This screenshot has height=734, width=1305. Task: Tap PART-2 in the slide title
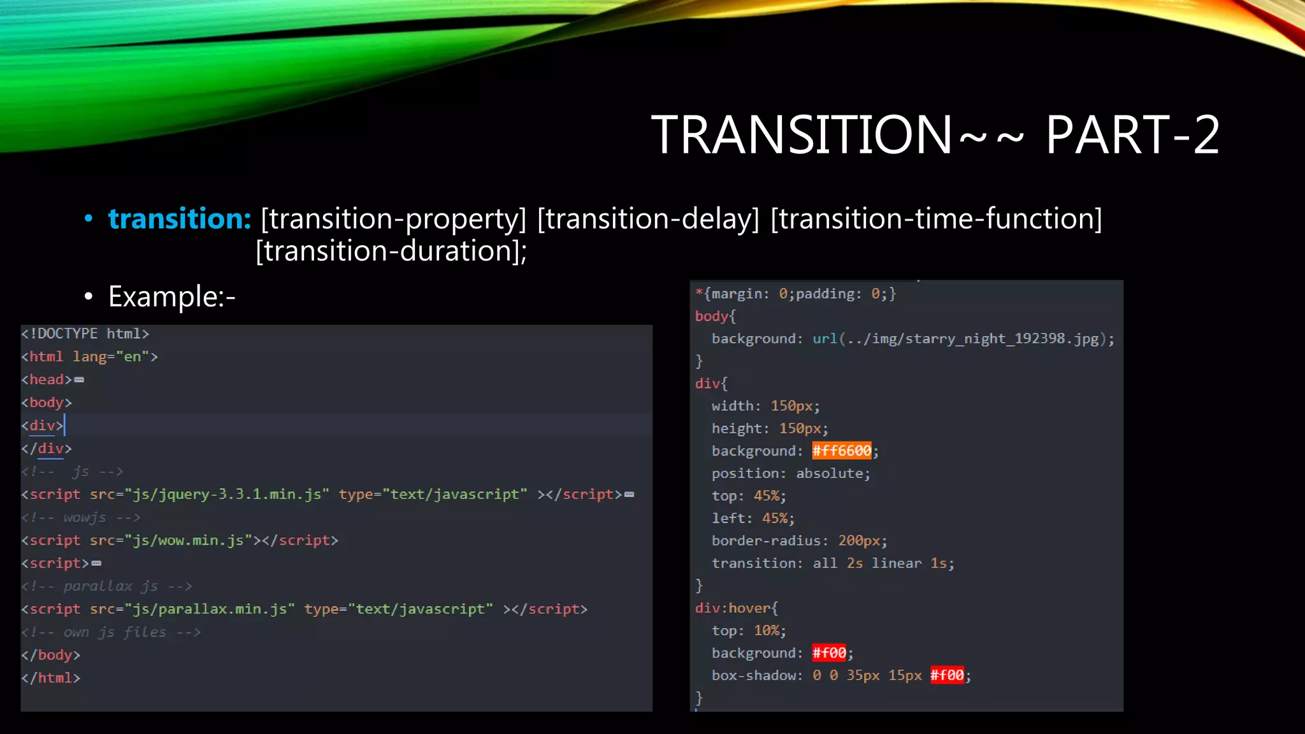pyautogui.click(x=1132, y=135)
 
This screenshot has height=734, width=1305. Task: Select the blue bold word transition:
pyautogui.click(x=180, y=219)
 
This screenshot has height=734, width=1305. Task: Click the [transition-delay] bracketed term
pyautogui.click(x=648, y=219)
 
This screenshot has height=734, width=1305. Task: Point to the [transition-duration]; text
pyautogui.click(x=391, y=251)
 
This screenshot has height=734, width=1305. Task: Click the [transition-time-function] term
pyautogui.click(x=935, y=219)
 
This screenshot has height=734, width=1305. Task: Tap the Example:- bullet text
pyautogui.click(x=171, y=296)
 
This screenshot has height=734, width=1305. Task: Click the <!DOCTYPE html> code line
pyautogui.click(x=85, y=334)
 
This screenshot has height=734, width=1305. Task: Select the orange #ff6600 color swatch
pyautogui.click(x=841, y=451)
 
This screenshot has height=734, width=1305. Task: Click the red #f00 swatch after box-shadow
pyautogui.click(x=947, y=675)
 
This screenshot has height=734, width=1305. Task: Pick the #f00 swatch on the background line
pyautogui.click(x=829, y=653)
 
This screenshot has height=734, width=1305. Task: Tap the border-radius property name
pyautogui.click(x=766, y=541)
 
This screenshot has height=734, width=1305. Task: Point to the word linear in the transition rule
pyautogui.click(x=897, y=563)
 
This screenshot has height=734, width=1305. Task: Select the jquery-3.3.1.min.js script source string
pyautogui.click(x=227, y=494)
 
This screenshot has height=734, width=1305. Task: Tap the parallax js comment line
pyautogui.click(x=106, y=586)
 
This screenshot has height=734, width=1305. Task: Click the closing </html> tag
pyautogui.click(x=51, y=678)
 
